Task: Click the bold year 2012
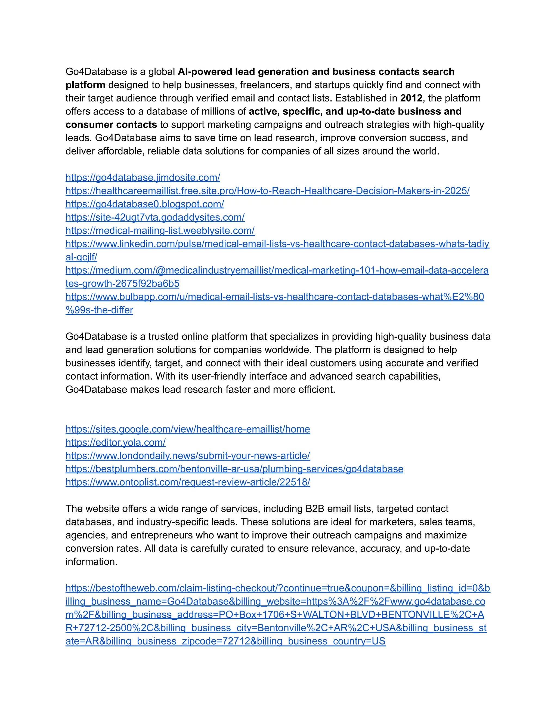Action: pyautogui.click(x=411, y=98)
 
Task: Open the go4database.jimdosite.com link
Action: pyautogui.click(x=143, y=178)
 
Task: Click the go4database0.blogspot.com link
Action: pyautogui.click(x=144, y=204)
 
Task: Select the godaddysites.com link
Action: pyautogui.click(x=155, y=217)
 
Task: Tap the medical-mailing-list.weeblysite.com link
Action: pyautogui.click(x=160, y=230)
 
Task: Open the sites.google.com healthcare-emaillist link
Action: pyautogui.click(x=188, y=429)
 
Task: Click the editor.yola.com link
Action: pyautogui.click(x=116, y=442)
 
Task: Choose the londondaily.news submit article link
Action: pyautogui.click(x=188, y=455)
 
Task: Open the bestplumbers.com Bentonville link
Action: pyautogui.click(x=234, y=469)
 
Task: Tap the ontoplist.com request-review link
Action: pyautogui.click(x=188, y=482)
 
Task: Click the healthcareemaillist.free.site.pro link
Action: pyautogui.click(x=267, y=191)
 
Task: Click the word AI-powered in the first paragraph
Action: pyautogui.click(x=205, y=72)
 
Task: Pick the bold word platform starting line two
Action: pyautogui.click(x=85, y=85)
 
